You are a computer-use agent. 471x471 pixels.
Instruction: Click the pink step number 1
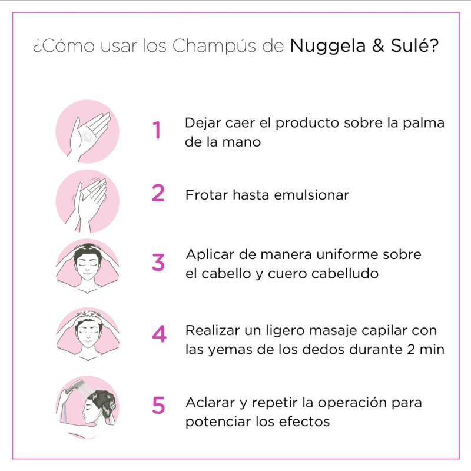click(157, 130)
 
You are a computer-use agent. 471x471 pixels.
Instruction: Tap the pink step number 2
click(158, 193)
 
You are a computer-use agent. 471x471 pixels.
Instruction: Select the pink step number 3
click(158, 262)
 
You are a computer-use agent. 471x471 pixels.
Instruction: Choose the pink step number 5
click(158, 405)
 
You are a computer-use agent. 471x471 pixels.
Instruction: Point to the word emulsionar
click(311, 195)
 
